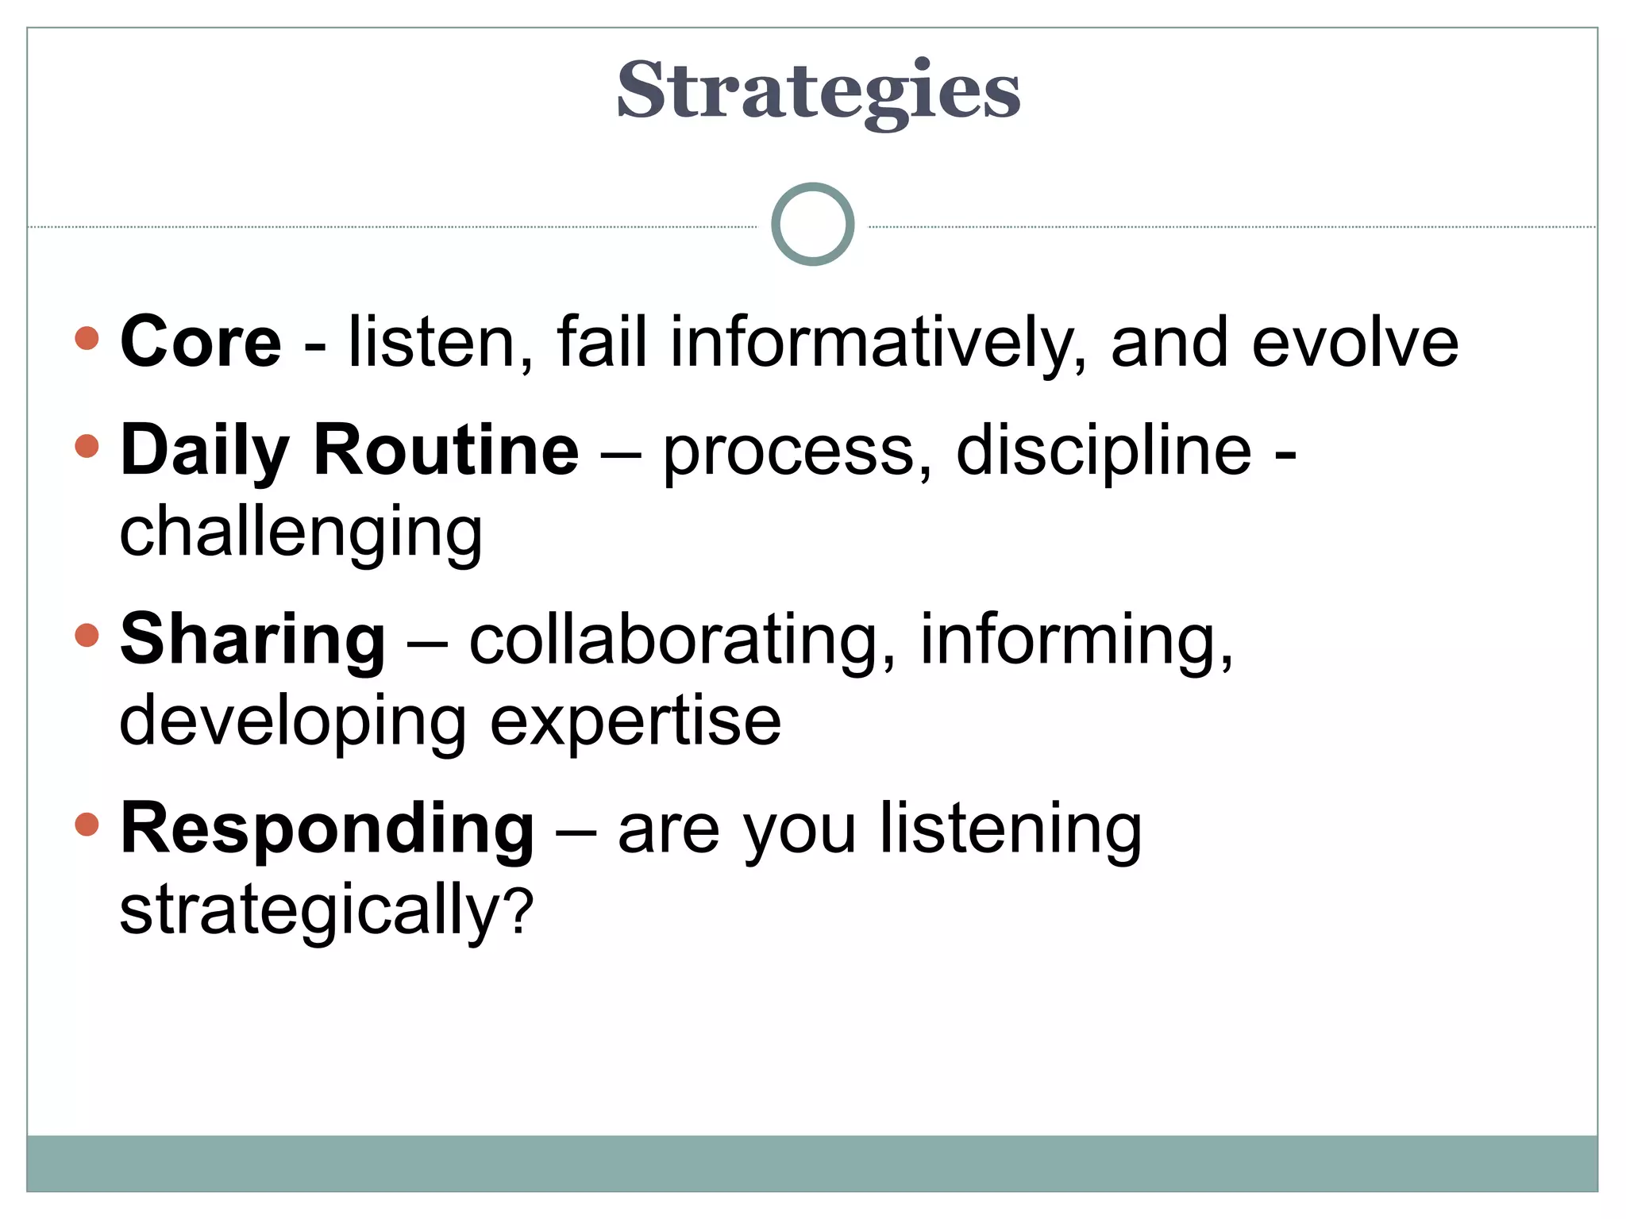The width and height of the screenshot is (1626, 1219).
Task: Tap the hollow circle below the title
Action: point(812,225)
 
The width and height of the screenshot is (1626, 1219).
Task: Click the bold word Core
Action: point(201,342)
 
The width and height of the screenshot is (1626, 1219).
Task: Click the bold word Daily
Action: point(205,451)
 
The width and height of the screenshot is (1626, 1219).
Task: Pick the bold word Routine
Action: point(446,450)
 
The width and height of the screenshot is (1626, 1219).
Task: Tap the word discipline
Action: point(1104,450)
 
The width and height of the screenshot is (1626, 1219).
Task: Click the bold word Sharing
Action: point(252,640)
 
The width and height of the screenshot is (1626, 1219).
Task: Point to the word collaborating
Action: point(682,640)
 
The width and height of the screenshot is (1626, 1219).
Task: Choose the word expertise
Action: point(635,722)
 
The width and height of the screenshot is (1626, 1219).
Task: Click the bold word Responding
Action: point(327,829)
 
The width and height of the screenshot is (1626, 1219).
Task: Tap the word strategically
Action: point(309,911)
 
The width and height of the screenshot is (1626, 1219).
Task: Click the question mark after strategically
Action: point(519,911)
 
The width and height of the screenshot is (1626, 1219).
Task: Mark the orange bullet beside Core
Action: point(87,338)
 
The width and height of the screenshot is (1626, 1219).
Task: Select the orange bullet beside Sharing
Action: point(87,635)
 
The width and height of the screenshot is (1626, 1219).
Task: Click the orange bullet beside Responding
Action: point(87,824)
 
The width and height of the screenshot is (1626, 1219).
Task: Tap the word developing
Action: point(292,722)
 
